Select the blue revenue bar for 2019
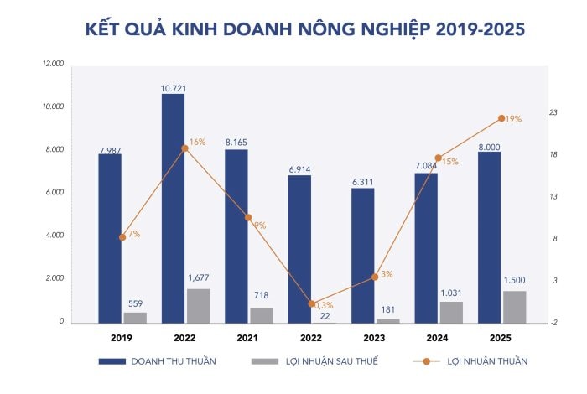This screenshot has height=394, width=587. click(x=110, y=238)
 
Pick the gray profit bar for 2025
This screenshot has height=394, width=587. click(x=514, y=307)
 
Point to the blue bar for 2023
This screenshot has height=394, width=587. click(x=362, y=256)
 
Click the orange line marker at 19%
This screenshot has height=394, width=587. click(x=501, y=118)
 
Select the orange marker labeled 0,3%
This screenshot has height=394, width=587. click(x=311, y=303)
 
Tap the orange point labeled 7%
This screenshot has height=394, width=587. click(x=122, y=237)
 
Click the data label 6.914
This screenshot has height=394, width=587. click(x=299, y=169)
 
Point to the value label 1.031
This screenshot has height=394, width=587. click(x=450, y=293)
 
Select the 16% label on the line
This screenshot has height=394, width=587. click(x=197, y=143)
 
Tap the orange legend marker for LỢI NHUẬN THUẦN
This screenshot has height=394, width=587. click(x=426, y=361)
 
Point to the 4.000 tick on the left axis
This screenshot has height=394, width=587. click(x=54, y=236)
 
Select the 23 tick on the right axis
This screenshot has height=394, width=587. click(x=553, y=112)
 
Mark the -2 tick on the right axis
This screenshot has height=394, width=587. click(x=553, y=323)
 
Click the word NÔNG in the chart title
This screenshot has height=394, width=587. click(x=314, y=29)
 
